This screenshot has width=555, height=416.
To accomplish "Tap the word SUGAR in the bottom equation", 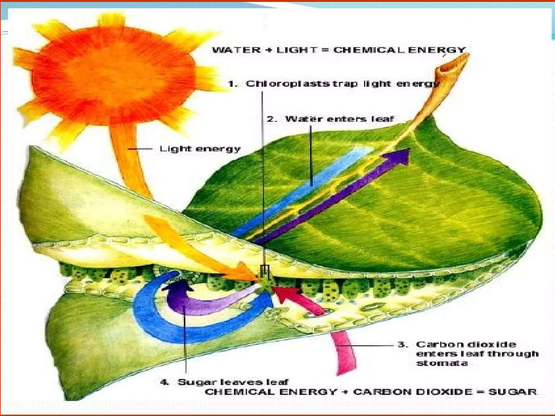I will pos(512,392).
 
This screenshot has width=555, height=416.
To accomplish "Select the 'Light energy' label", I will pos(200,149).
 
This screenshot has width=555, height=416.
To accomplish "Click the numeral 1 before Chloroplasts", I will pos(233,84).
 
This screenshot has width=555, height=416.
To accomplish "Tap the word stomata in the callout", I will pos(442,363).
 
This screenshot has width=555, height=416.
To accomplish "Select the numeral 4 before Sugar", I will pos(164,382).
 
